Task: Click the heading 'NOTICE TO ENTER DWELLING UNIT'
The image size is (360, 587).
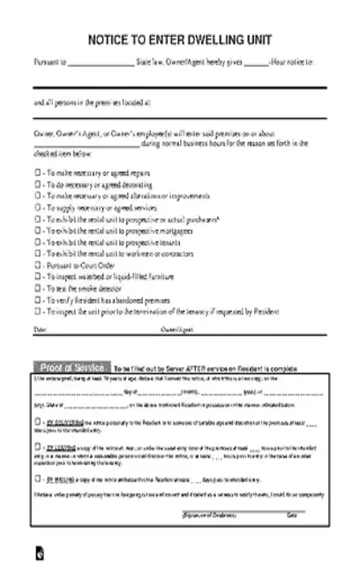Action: [179, 41]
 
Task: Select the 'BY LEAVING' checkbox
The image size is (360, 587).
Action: [37, 447]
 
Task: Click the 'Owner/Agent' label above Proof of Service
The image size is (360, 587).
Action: [174, 329]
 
